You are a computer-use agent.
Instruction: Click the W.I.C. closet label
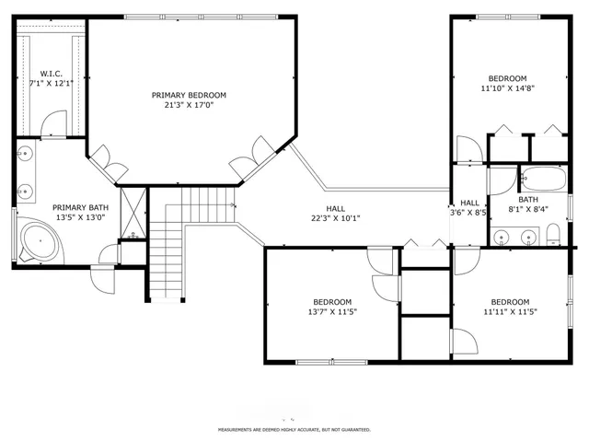click(x=50, y=77)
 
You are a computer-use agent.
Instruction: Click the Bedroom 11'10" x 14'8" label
click(x=507, y=84)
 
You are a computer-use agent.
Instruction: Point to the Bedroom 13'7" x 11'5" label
click(x=331, y=308)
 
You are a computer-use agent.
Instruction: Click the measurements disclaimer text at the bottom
click(x=294, y=429)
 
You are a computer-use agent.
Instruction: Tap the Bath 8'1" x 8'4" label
click(x=527, y=204)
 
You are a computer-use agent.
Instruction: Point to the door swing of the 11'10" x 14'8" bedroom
click(x=467, y=150)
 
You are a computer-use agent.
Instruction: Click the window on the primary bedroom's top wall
click(x=200, y=16)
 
